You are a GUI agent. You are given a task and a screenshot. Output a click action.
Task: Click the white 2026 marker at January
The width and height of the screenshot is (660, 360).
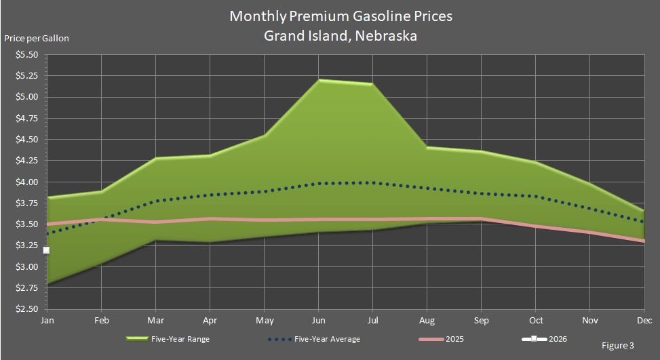click(46, 250)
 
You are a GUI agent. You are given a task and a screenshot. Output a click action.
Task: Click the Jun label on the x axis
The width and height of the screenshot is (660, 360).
click(318, 319)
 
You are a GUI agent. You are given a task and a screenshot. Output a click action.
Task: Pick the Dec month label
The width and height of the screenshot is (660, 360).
click(644, 319)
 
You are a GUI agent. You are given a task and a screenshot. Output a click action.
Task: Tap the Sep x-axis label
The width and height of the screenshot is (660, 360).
click(481, 319)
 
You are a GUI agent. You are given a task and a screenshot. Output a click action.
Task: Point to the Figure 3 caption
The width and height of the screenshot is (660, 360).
click(618, 346)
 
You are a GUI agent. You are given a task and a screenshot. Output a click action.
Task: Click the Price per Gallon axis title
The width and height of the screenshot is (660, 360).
click(37, 38)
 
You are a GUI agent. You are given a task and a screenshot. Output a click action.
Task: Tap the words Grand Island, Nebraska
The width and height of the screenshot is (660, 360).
click(341, 35)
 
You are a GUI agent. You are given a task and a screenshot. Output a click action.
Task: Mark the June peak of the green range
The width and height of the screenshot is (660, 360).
click(318, 80)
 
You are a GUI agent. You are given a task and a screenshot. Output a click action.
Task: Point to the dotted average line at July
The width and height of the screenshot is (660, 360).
click(372, 182)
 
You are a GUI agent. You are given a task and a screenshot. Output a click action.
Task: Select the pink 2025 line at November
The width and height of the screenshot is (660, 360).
click(589, 233)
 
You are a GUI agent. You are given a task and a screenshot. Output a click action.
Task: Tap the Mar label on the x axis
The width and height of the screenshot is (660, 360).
click(155, 319)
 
